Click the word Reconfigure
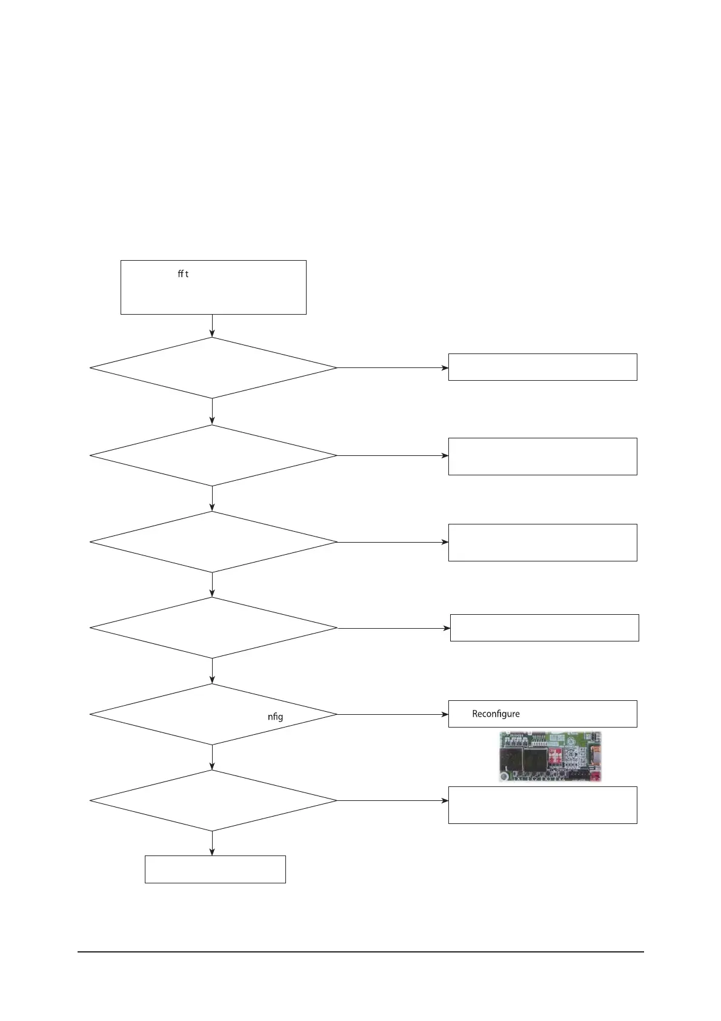[x=496, y=714]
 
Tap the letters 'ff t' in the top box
[x=183, y=274]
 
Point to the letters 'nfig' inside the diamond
[x=275, y=717]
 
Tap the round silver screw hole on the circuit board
[x=504, y=776]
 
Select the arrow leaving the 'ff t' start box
[x=212, y=326]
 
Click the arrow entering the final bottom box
[x=212, y=844]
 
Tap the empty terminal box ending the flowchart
[x=215, y=869]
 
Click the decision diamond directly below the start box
[x=213, y=367]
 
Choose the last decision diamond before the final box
[x=213, y=800]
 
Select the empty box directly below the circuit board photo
[x=542, y=805]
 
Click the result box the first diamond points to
[x=542, y=367]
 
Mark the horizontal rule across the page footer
[x=360, y=951]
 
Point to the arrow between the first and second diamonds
[x=212, y=412]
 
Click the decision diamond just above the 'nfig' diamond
[x=213, y=628]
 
